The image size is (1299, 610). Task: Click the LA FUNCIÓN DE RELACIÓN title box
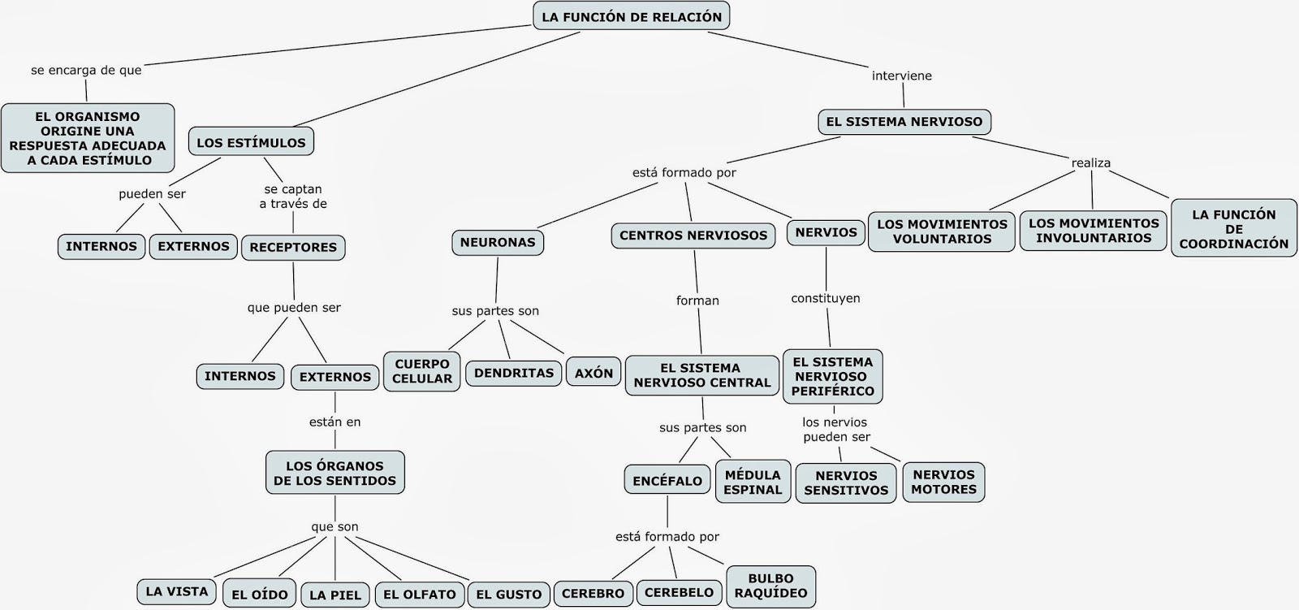point(631,17)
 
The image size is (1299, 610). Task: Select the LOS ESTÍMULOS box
point(251,142)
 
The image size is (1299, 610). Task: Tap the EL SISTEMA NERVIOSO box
point(904,122)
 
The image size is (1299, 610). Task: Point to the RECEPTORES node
point(293,247)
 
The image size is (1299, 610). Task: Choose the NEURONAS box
point(498,242)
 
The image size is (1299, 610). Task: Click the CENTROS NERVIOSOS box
point(693,236)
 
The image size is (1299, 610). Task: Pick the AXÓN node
point(593,373)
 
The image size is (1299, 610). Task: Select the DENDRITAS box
point(513,373)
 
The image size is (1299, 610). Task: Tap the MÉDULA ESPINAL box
point(753,482)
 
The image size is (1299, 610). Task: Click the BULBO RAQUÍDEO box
point(770,586)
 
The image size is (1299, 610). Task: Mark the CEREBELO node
point(679,592)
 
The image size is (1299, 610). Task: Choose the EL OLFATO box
point(419,594)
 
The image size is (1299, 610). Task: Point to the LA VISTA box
point(177,591)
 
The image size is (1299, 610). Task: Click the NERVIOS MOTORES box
point(943,482)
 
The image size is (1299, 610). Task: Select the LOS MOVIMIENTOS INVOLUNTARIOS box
point(1094,231)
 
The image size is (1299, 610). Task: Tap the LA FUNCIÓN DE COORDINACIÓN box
point(1234,228)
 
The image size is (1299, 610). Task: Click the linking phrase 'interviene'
point(901,76)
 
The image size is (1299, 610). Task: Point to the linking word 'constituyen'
point(826,298)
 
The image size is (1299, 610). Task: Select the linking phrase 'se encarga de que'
point(86,70)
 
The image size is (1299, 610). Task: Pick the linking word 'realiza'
point(1090,162)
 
